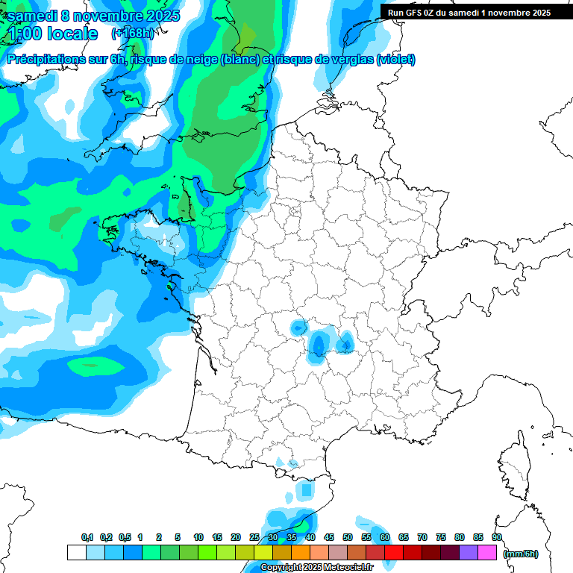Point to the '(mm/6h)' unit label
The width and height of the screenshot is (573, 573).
coord(521,554)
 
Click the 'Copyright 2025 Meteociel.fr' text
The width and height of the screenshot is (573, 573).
coord(316,568)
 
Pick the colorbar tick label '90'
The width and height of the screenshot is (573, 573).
coord(497,537)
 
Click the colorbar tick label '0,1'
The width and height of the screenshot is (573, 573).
coord(87,537)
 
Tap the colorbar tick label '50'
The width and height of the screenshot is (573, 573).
coord(348,537)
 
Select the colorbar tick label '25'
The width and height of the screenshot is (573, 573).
coord(254,537)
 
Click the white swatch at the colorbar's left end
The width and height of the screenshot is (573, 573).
coord(76,553)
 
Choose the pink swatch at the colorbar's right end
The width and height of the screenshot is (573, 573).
coord(488,553)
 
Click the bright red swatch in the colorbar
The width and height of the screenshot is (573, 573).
coord(395,553)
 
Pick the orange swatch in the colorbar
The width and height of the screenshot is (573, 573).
coord(301,553)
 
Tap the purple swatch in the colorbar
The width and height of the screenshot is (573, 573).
coord(469,553)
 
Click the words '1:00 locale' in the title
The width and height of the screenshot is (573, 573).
coord(54,34)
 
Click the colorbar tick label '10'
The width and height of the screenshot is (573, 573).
coord(198,537)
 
